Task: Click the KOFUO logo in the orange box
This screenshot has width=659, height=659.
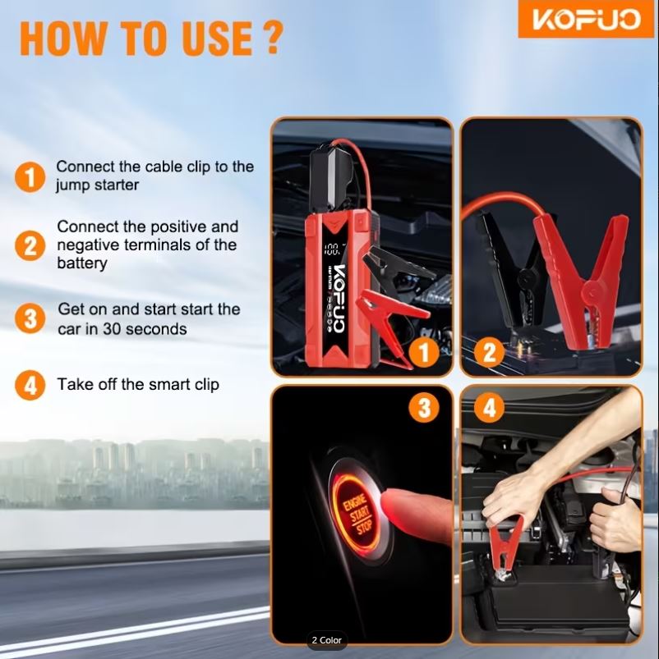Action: [x=586, y=19]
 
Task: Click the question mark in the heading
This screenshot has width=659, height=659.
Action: [x=273, y=39]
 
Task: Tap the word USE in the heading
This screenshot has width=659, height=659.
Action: [x=217, y=39]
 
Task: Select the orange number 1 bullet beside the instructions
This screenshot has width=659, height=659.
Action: [x=30, y=177]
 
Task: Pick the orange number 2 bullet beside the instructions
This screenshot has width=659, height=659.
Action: [x=30, y=245]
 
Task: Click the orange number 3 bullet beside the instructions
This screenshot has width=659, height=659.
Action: [x=30, y=318]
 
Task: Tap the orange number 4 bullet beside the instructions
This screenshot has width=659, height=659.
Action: [x=30, y=385]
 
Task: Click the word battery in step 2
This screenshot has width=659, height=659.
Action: [x=82, y=263]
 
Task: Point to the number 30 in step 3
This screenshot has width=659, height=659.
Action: [x=112, y=329]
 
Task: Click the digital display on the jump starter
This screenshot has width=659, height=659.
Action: [x=332, y=249]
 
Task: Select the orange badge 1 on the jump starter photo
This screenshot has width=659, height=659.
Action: [x=424, y=352]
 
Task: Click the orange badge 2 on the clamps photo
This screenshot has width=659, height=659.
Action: [x=490, y=352]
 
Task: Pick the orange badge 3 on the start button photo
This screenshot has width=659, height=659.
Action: [x=424, y=407]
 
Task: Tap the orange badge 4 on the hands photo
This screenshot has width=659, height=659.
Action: [x=490, y=407]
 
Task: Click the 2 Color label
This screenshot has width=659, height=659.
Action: [x=326, y=640]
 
